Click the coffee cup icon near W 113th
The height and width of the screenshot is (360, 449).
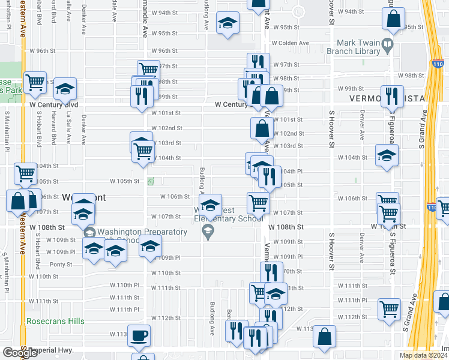[x=139, y=335]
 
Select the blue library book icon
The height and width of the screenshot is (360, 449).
[x=388, y=44]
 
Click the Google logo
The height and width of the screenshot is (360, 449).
[x=20, y=353]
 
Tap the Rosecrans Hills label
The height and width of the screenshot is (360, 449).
[x=56, y=321]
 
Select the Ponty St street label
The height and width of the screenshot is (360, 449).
[x=61, y=264]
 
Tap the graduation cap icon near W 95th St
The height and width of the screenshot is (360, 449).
[x=228, y=23]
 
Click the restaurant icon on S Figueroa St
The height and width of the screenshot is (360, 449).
[x=392, y=97]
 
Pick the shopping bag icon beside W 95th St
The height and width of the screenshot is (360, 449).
[x=393, y=21]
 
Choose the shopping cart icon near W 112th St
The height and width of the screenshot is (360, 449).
[x=389, y=309]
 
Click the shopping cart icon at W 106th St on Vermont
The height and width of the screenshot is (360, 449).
[x=258, y=203]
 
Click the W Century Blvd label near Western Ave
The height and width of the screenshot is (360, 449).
[x=54, y=104]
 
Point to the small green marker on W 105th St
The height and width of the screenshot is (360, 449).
[x=150, y=181]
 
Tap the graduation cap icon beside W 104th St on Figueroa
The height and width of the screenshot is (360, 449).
[x=387, y=156]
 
